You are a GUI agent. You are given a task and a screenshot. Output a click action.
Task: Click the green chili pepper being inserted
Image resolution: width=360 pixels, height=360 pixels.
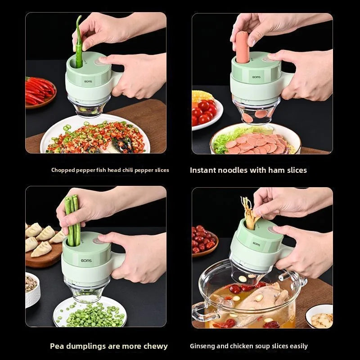click(79, 45)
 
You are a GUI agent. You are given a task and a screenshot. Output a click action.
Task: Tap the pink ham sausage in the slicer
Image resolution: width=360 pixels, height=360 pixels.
click(242, 47)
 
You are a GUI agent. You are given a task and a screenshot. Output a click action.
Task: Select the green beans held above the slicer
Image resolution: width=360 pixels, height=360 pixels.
click(71, 220)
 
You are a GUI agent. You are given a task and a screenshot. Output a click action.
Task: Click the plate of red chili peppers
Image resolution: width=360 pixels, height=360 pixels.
click(40, 93)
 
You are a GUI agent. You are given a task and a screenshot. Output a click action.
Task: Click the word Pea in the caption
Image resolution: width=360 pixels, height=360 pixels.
click(56, 346)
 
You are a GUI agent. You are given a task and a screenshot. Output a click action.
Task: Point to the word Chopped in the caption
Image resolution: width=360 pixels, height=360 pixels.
click(62, 170)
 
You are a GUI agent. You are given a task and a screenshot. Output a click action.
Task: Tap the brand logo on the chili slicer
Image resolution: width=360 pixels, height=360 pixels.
click(88, 82)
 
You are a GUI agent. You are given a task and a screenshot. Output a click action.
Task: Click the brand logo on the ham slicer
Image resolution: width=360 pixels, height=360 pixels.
click(256, 77)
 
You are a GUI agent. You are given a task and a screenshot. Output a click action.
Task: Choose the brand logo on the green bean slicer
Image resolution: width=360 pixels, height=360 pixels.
click(85, 261)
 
